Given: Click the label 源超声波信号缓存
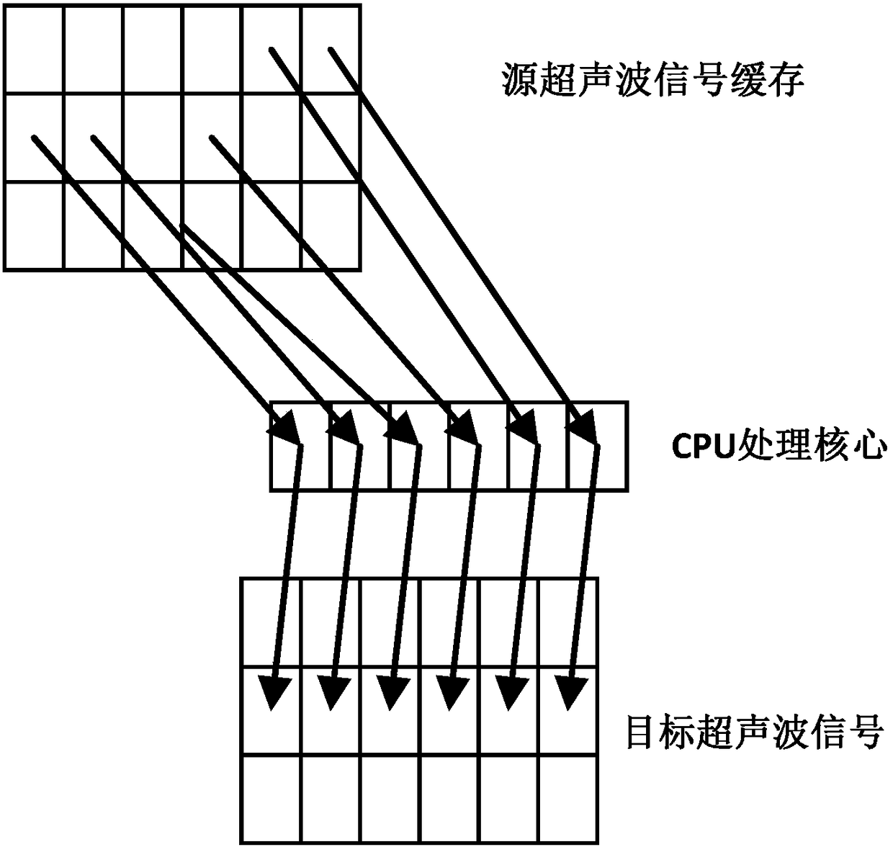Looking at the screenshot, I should (652, 80).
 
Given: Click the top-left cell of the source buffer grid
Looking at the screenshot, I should (34, 49).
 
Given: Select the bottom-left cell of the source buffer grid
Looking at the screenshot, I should (34, 226).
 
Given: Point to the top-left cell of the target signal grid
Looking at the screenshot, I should (270, 623).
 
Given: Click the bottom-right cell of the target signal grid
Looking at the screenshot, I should (568, 799).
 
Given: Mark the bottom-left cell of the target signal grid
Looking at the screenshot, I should (270, 799).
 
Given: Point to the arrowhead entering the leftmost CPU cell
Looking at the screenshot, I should (288, 429).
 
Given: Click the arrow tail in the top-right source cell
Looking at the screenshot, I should (331, 50).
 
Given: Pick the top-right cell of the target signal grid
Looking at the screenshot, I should (568, 623).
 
